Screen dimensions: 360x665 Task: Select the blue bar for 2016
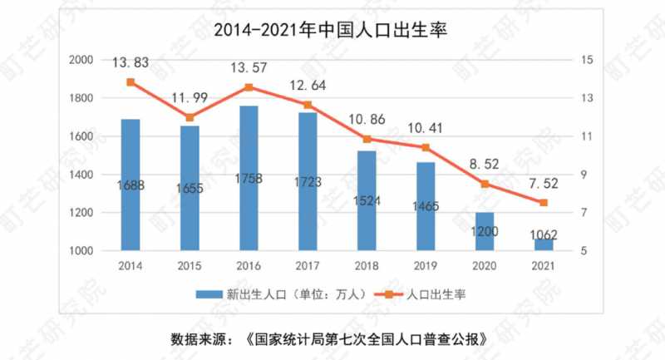[x=248, y=178]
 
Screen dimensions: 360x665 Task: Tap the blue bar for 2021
[x=543, y=244]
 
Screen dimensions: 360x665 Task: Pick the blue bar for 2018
[x=366, y=200]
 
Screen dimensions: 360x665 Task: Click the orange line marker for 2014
[x=131, y=82]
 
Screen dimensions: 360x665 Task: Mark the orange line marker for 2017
[x=307, y=105]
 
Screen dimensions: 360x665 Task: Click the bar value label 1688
[x=131, y=185]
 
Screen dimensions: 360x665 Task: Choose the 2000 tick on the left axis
[x=81, y=60]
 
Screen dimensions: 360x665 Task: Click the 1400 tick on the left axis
[x=81, y=175]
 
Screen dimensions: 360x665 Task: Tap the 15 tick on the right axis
[x=587, y=60]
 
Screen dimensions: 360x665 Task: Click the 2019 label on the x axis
[x=425, y=265]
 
